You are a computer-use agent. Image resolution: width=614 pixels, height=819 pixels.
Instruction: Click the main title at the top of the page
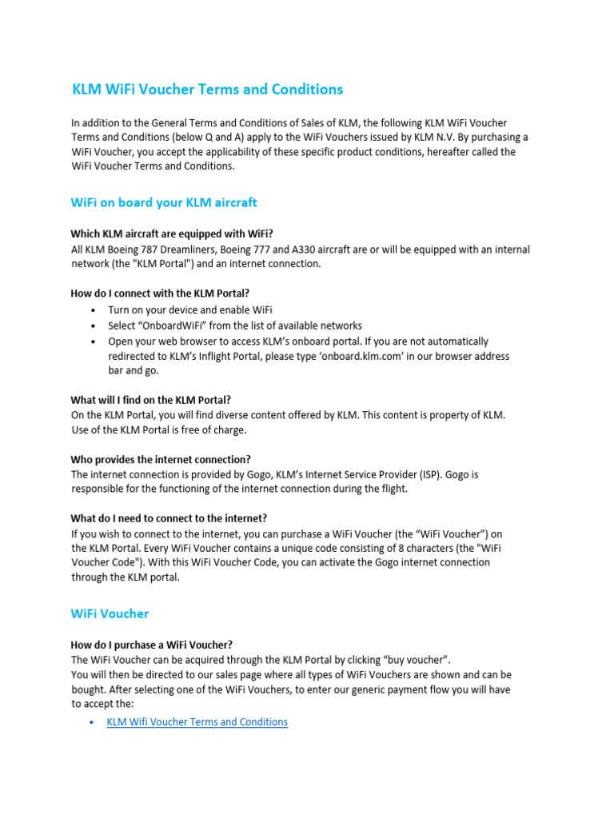pyautogui.click(x=207, y=90)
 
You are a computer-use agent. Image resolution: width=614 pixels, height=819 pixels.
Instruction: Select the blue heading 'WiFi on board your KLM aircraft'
pyautogui.click(x=164, y=202)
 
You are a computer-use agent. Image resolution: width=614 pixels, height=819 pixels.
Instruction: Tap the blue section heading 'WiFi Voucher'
pyautogui.click(x=110, y=613)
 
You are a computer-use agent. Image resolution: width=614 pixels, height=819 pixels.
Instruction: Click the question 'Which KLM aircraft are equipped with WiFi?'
pyautogui.click(x=172, y=234)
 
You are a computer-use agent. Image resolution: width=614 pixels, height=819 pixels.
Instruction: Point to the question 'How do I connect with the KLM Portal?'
pyautogui.click(x=165, y=294)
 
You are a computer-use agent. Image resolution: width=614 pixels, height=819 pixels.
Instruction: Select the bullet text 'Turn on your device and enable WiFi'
pyautogui.click(x=196, y=310)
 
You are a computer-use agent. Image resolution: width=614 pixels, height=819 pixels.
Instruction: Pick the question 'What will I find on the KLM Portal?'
pyautogui.click(x=162, y=400)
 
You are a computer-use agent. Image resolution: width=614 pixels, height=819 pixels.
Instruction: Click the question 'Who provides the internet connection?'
pyautogui.click(x=161, y=459)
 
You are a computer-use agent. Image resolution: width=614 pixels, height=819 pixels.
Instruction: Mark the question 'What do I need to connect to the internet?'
pyautogui.click(x=169, y=518)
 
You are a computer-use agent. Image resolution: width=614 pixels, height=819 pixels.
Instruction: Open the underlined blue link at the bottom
pyautogui.click(x=197, y=721)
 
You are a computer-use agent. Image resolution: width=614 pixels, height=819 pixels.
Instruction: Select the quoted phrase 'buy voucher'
pyautogui.click(x=417, y=660)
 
